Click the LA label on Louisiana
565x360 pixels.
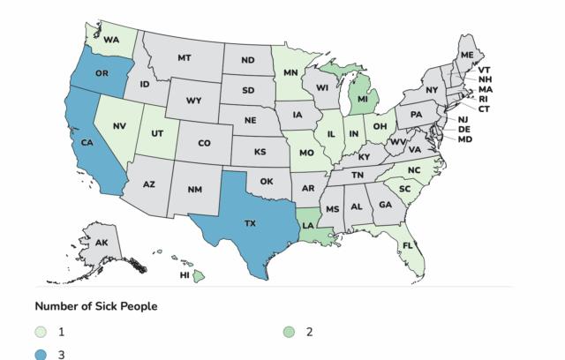(308, 224)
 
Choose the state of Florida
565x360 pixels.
(408, 246)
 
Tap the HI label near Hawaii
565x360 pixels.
(185, 275)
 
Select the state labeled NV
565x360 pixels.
(118, 126)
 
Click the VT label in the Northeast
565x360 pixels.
(485, 69)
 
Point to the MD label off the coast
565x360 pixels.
(464, 139)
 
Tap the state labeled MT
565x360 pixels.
(185, 58)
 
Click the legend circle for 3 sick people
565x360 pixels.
(41, 354)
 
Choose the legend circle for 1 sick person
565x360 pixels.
(41, 332)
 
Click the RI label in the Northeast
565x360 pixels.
(483, 100)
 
